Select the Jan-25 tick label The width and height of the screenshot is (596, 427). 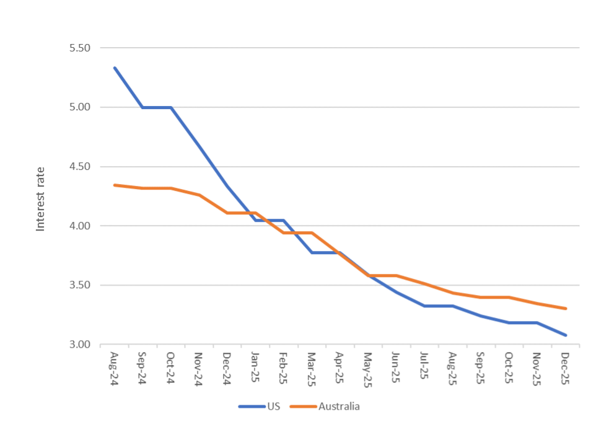click(255, 368)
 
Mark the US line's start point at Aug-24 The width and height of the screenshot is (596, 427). click(115, 68)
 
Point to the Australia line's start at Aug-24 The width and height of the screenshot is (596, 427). click(115, 185)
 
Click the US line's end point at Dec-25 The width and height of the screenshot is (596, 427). click(565, 335)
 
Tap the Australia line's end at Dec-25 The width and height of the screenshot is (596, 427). click(565, 309)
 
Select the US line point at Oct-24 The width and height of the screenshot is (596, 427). click(170, 107)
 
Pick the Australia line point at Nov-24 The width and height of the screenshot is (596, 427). click(199, 195)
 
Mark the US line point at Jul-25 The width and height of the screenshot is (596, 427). click(424, 306)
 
